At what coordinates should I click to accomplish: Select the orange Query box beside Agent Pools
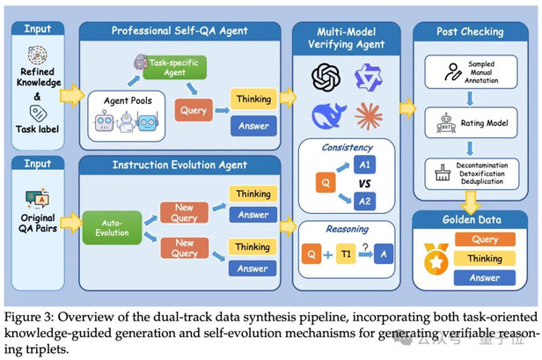192,111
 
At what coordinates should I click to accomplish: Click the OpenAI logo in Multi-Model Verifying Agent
326,77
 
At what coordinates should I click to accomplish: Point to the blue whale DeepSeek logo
326,116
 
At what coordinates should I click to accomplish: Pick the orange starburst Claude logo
368,115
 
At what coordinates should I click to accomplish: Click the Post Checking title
470,31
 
